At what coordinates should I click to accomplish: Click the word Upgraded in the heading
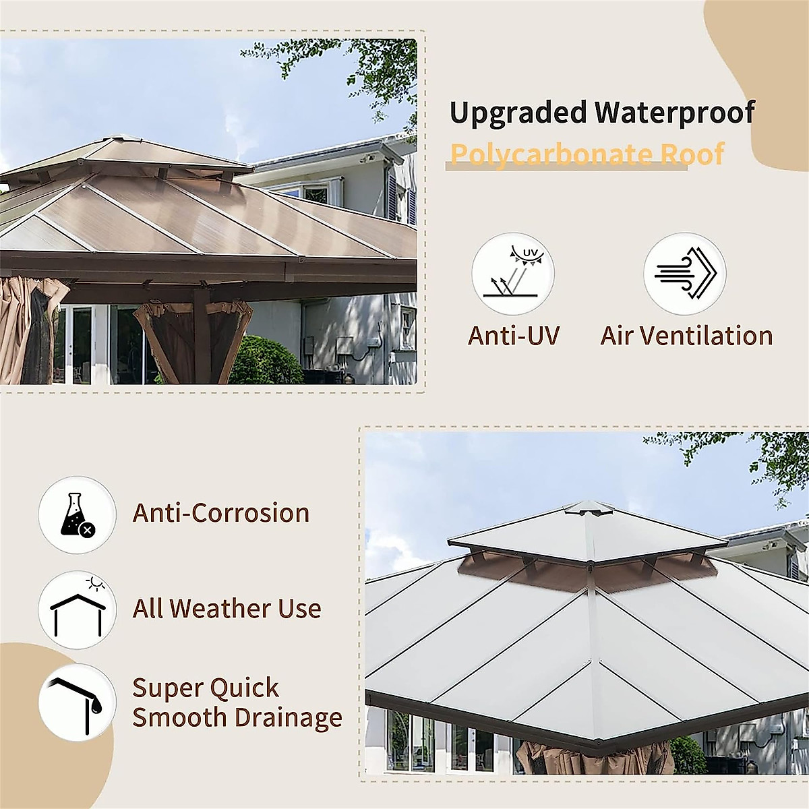518,113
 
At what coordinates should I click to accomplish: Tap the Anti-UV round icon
512,274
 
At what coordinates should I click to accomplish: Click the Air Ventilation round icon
684,274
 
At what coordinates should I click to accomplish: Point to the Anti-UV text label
514,336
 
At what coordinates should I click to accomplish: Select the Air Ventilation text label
686,336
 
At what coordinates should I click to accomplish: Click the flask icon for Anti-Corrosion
78,516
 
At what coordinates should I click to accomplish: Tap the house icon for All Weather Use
78,610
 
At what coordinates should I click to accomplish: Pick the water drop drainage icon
78,702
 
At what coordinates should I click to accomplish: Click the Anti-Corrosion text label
221,513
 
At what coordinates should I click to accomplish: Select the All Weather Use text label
227,609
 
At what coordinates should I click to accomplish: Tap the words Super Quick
206,688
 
